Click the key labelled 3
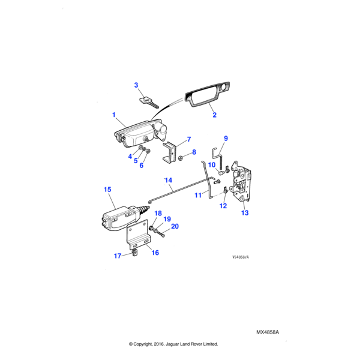coord(149,102)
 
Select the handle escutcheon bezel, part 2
coord(207,96)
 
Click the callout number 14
coord(169,180)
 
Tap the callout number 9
coord(226,139)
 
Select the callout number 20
coord(175,226)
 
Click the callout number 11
coord(197,196)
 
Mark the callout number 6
coord(142,166)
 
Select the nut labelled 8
coord(180,158)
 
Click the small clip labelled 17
coord(135,253)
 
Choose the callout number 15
coord(107,190)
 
